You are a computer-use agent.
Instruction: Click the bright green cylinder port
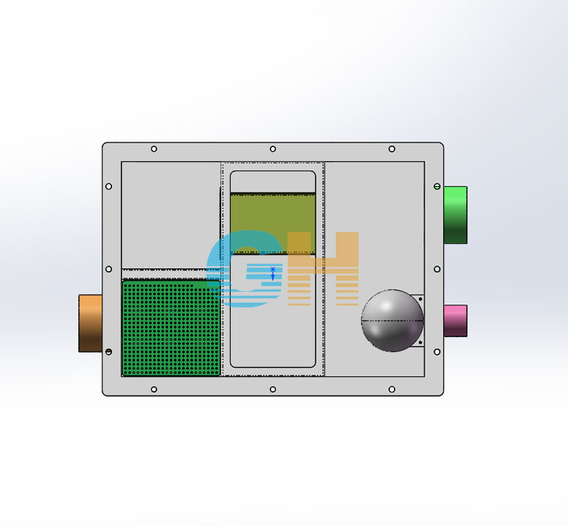[x=455, y=215]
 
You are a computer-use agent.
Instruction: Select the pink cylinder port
[x=455, y=321]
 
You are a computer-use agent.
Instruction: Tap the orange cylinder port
[x=90, y=323]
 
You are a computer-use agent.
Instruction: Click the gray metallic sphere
[x=392, y=320]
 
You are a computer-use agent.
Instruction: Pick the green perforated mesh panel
[x=171, y=328]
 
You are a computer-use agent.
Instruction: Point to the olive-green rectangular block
[x=273, y=223]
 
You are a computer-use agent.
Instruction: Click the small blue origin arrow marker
[x=273, y=274]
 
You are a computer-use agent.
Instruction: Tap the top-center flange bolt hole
[x=273, y=149]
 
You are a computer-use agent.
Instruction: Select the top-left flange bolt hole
[x=154, y=149]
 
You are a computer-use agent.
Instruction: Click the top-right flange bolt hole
[x=392, y=149]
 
